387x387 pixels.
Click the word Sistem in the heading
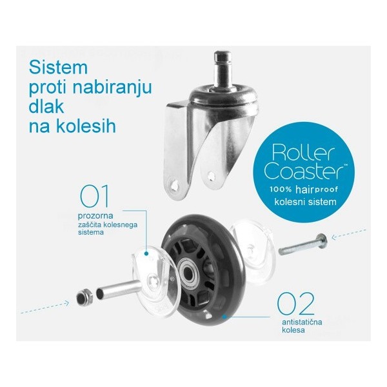(58, 67)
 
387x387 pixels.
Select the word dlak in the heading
(46, 106)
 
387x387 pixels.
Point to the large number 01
(94, 196)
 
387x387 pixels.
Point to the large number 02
(295, 303)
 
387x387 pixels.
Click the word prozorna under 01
(95, 216)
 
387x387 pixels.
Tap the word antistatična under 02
(302, 322)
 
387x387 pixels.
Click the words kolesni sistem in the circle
(305, 202)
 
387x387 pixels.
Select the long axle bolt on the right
(303, 244)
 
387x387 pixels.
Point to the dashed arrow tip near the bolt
(333, 238)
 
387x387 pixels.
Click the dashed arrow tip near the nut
(68, 303)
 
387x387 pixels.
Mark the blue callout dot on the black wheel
(224, 316)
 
